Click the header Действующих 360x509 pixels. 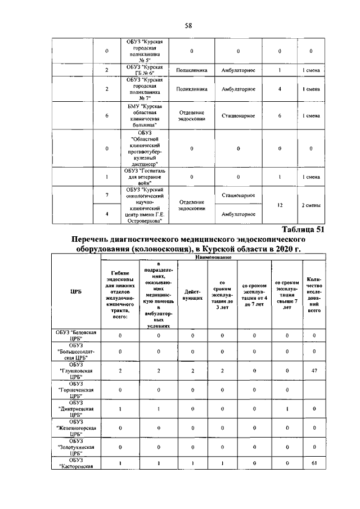pos(192,295)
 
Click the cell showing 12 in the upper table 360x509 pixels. pos(280,205)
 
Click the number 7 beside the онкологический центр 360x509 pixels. pos(107,195)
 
